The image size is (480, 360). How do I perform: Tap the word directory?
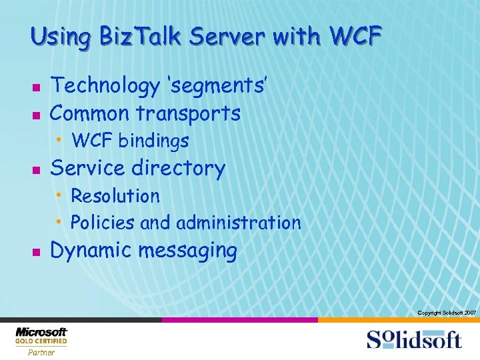(179, 169)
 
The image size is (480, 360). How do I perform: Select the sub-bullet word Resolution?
(115, 196)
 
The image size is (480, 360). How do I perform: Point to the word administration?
(239, 222)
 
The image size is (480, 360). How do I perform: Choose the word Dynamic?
(91, 251)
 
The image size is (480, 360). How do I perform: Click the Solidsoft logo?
(413, 339)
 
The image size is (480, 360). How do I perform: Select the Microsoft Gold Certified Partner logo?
(41, 341)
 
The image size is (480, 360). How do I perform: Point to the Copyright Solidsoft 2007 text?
(446, 313)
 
